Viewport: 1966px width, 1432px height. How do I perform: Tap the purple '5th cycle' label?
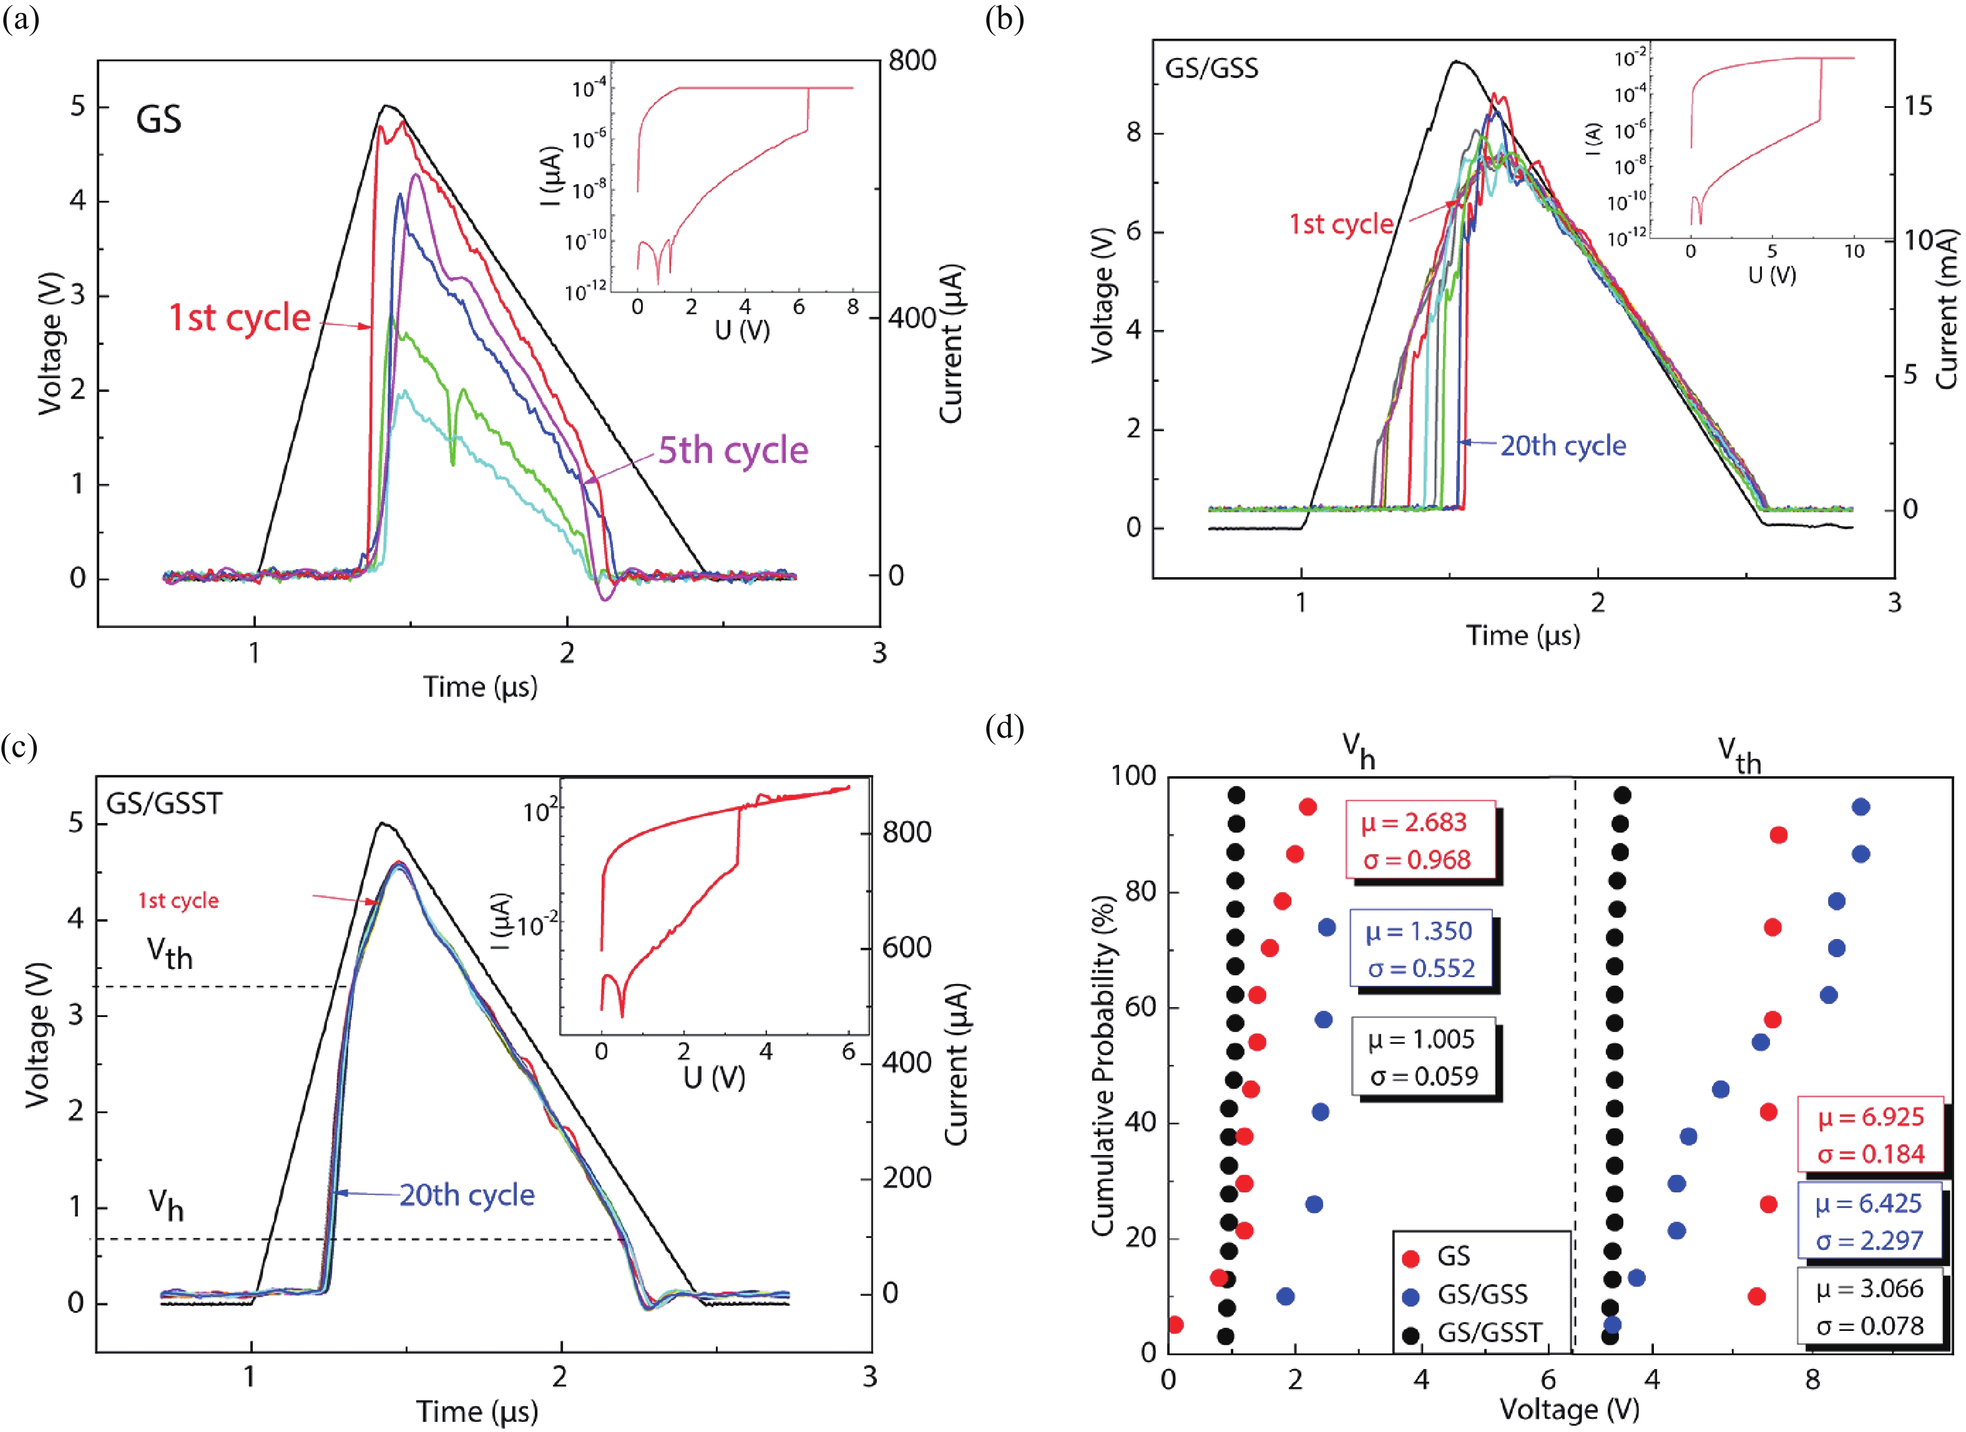[x=733, y=451]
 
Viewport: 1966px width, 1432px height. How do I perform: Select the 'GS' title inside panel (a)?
[x=159, y=119]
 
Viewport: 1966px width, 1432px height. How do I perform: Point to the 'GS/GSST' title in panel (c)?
[x=164, y=804]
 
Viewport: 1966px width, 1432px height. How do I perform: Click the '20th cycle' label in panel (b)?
[x=1563, y=446]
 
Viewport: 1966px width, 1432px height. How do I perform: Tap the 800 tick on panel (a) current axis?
[x=912, y=61]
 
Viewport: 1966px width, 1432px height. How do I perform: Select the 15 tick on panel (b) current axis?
[x=1919, y=105]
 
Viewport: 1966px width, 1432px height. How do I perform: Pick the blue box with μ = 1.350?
[x=1420, y=949]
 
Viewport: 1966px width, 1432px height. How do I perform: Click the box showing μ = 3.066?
[x=1870, y=1307]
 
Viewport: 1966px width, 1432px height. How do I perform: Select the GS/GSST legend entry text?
[x=1489, y=1332]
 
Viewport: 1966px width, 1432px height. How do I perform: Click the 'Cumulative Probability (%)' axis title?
[x=1102, y=1066]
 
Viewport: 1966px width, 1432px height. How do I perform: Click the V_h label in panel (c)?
[x=165, y=1203]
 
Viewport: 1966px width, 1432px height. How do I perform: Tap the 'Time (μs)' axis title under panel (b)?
[x=1522, y=635]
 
